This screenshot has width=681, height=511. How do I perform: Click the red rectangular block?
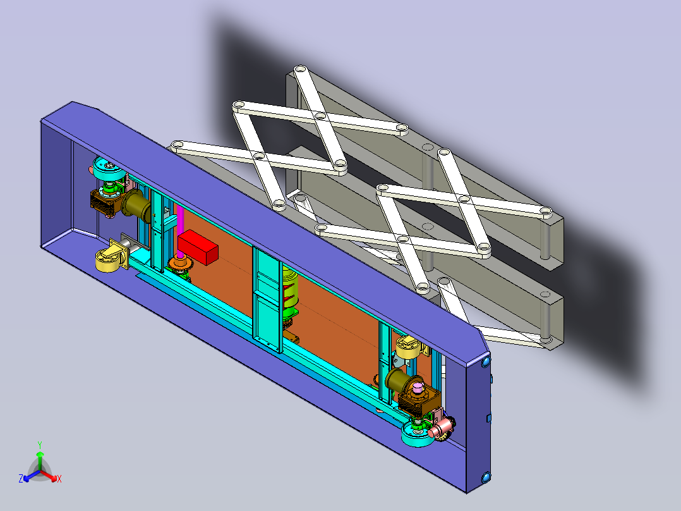[x=198, y=247]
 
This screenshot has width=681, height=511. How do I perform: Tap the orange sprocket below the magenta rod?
[x=180, y=262]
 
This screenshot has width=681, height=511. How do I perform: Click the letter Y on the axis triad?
[x=40, y=445]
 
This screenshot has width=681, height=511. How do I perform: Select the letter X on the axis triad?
[x=59, y=479]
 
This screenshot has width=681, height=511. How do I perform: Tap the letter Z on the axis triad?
[x=21, y=479]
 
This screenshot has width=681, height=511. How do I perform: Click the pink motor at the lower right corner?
[x=440, y=428]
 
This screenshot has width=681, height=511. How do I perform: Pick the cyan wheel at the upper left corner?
[x=109, y=168]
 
